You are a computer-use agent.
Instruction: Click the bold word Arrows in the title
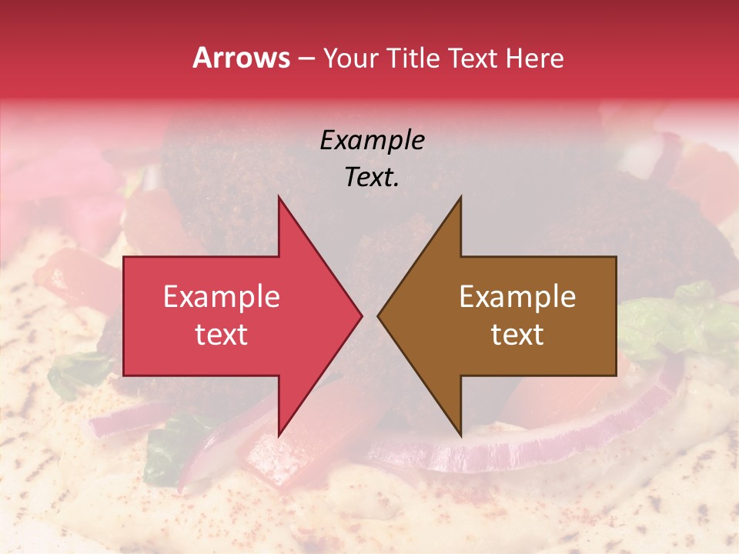pos(242,58)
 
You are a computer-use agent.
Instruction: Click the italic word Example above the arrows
pos(372,141)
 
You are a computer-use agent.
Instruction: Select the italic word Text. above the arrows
pos(372,178)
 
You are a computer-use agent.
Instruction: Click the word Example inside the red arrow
pos(221,297)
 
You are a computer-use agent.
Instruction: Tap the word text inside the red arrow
pos(221,335)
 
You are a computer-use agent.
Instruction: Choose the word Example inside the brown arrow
pos(517,297)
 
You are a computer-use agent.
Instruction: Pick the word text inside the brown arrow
pos(517,335)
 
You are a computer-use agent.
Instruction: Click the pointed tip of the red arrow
pos(361,315)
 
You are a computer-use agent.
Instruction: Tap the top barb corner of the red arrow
pos(279,198)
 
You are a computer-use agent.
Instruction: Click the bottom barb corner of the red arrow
pos(279,435)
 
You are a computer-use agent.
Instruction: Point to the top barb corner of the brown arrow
pos(460,198)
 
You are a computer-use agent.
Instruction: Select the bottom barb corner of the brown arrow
pos(460,435)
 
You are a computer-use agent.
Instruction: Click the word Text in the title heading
pos(474,58)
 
